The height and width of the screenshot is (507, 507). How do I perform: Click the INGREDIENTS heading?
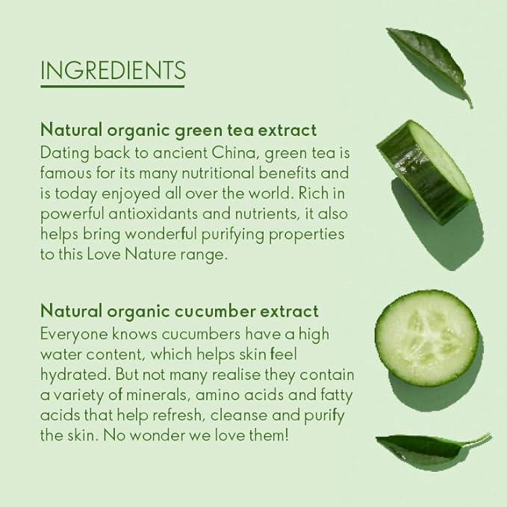point(113,70)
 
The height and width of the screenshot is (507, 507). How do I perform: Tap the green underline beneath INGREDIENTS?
point(113,87)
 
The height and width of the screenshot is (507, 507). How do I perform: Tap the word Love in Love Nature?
point(104,255)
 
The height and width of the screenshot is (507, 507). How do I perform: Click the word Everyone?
point(74,335)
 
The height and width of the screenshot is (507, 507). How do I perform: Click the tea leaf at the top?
point(429,65)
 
